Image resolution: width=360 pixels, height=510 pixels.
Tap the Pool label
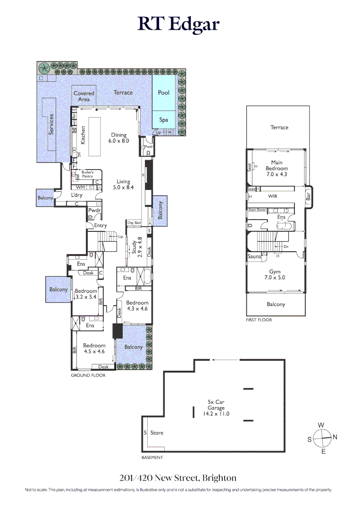tap(163, 93)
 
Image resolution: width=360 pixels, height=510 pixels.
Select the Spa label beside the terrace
tap(163, 120)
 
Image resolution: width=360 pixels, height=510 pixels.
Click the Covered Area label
tap(84, 96)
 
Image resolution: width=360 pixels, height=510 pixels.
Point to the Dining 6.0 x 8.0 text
tap(119, 138)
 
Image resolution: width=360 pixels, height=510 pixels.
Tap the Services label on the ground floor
tap(51, 124)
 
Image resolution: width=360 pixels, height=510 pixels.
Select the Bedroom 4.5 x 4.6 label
tap(94, 348)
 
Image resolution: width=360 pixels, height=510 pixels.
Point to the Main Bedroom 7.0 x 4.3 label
tap(276, 168)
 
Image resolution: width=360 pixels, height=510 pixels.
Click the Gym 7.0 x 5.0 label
tap(275, 275)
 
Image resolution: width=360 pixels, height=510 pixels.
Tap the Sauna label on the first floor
tap(254, 256)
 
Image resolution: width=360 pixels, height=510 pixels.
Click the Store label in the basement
tap(157, 433)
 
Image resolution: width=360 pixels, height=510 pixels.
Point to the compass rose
tap(322, 438)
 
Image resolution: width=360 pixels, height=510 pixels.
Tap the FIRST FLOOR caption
tap(259, 320)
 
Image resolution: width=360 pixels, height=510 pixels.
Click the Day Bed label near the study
tap(134, 223)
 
